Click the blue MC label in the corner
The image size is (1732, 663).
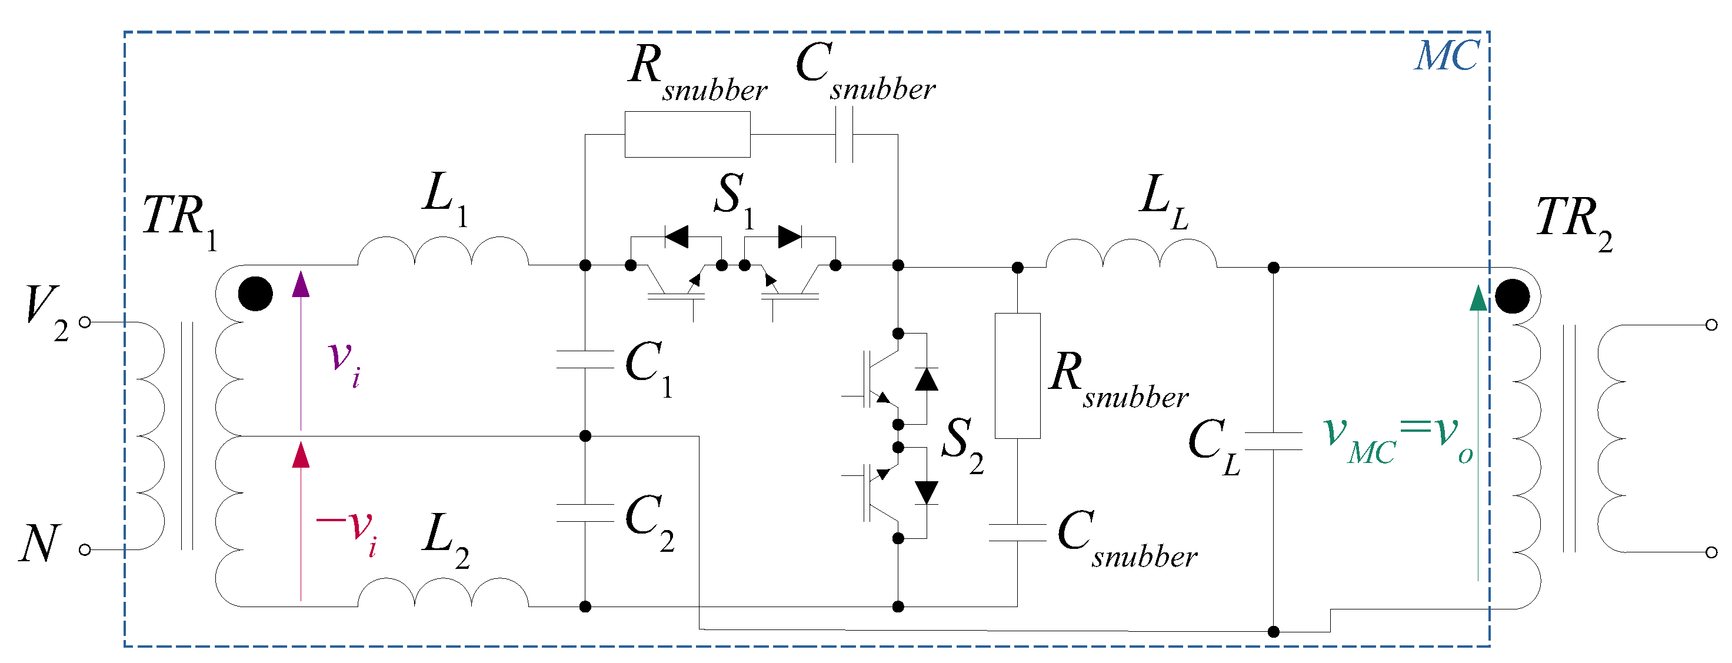click(x=1446, y=56)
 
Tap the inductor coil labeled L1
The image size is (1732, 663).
click(x=443, y=253)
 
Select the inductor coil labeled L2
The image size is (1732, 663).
click(x=443, y=594)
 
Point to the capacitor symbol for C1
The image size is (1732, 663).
click(x=585, y=360)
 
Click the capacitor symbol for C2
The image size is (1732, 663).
click(x=585, y=513)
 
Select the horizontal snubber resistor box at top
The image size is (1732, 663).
click(x=687, y=135)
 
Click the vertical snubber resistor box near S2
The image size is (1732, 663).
click(x=1017, y=375)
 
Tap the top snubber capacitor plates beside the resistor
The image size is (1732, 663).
click(x=844, y=135)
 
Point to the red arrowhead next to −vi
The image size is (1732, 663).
click(x=301, y=455)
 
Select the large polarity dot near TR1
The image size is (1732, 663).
click(x=255, y=294)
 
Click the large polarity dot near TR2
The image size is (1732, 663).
click(x=1512, y=296)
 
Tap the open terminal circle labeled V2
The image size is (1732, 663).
click(x=85, y=322)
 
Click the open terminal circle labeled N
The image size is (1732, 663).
click(x=85, y=550)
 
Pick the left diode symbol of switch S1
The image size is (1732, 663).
click(x=677, y=236)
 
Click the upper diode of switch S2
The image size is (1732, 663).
click(x=927, y=379)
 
